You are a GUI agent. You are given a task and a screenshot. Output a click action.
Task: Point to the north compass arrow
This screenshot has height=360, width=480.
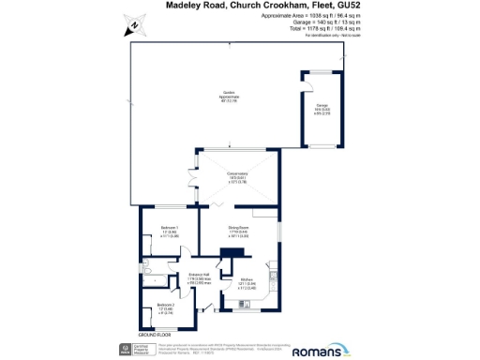(134, 26)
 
